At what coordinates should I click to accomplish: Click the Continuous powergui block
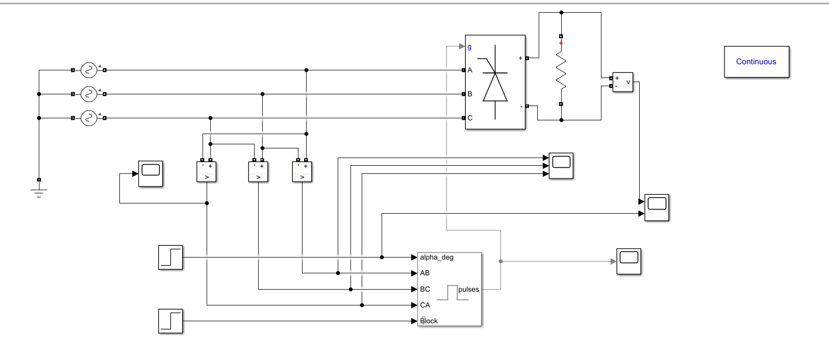pos(756,62)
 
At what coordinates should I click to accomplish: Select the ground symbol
pos(39,192)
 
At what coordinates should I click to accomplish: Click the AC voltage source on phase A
pos(89,70)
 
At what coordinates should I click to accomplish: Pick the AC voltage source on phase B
pos(89,94)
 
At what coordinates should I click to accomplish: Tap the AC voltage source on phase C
pos(89,118)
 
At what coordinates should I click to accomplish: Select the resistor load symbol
pos(561,71)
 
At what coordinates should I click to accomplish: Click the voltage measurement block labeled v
pos(622,82)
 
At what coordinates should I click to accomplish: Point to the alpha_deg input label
pos(436,257)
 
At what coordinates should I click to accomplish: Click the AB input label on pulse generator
pos(424,273)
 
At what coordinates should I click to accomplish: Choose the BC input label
pos(424,289)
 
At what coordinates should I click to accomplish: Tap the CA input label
pos(424,305)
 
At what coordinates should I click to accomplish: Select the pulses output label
pos(468,289)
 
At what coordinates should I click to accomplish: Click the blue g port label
pos(469,47)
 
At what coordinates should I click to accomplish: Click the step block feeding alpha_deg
pos(170,257)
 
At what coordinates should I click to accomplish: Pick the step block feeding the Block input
pos(170,321)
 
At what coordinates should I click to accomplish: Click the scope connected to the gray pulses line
pos(629,261)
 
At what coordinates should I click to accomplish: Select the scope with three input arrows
pos(561,166)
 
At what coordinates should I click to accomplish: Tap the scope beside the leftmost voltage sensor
pos(150,174)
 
